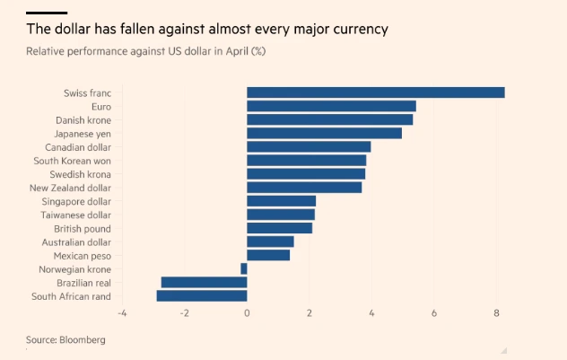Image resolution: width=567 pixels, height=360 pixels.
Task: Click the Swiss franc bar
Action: pos(375,92)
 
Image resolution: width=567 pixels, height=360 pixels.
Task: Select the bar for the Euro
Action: pos(331,106)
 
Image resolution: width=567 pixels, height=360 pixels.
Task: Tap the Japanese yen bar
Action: pos(324,133)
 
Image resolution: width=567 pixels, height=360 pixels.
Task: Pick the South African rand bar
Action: pos(202,295)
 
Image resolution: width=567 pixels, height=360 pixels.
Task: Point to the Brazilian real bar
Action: pos(204,282)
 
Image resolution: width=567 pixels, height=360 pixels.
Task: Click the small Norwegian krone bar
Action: pos(244,268)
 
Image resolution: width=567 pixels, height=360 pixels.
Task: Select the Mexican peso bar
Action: pos(268,255)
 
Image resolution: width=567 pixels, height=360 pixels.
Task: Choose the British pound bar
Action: pos(279,228)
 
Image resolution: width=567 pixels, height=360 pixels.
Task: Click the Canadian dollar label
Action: pos(78,146)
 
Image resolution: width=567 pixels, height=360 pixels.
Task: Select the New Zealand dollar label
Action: pos(70,188)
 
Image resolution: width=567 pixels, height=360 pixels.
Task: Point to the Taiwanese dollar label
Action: pos(76,215)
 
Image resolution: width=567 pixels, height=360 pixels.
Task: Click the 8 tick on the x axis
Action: pos(496,313)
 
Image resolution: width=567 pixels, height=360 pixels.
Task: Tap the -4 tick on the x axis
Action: pos(121,313)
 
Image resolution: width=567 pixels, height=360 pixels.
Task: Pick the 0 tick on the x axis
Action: pos(247,313)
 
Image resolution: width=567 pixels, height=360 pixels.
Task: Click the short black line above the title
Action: pos(47,12)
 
